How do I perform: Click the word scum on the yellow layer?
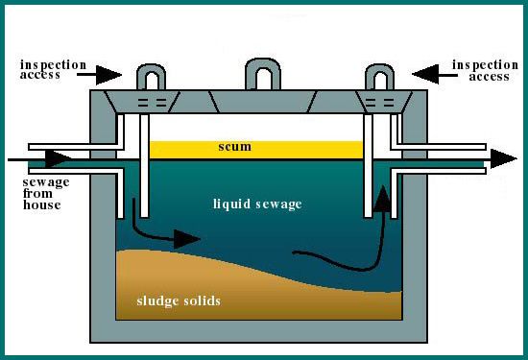tap(234, 147)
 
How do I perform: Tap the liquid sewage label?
tap(257, 204)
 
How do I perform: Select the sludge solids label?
tap(179, 300)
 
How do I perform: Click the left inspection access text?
tap(53, 69)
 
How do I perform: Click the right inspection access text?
tap(485, 70)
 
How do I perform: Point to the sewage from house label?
tap(46, 194)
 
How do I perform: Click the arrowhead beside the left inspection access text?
tap(108, 75)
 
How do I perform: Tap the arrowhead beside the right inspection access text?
tap(425, 74)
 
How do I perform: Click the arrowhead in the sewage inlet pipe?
tap(58, 159)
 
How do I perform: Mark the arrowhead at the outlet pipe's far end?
tap(503, 158)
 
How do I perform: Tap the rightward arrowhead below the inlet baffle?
tap(187, 239)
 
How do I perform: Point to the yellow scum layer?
tap(256, 150)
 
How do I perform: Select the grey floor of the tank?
tap(258, 331)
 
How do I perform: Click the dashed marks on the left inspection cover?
tap(153, 103)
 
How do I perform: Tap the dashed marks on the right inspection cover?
tap(380, 103)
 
